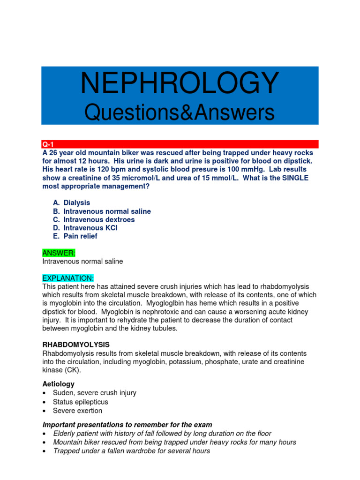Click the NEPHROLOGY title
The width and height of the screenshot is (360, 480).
coord(180,83)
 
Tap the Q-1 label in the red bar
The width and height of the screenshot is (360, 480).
coord(48,144)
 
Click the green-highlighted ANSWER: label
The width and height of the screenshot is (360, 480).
coord(56,253)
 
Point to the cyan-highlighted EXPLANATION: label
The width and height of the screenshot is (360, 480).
coord(68,278)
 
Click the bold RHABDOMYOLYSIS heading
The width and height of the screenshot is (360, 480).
coord(76,345)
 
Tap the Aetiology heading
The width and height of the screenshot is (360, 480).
coord(58,384)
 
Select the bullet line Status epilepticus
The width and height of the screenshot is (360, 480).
coord(80,402)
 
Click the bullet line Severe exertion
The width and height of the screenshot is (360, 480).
coord(77,411)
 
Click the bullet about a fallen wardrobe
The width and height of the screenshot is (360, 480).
coord(131,451)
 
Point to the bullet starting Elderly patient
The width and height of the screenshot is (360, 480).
coord(162,434)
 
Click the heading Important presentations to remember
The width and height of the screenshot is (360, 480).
coord(127,425)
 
